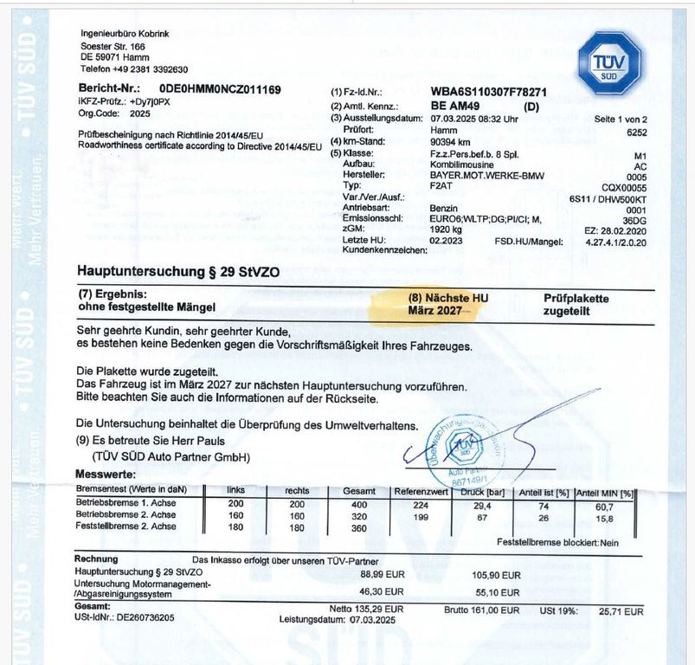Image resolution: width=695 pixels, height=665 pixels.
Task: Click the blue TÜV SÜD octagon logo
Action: tap(609, 61)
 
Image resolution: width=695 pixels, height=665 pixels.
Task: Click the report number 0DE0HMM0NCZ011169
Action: tap(220, 90)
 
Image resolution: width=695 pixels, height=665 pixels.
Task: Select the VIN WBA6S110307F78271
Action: tap(487, 91)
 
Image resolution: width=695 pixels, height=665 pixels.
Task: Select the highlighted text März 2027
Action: tap(434, 310)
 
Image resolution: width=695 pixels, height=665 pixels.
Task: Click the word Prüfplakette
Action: tap(576, 298)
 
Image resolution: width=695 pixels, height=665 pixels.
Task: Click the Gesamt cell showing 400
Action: tap(357, 504)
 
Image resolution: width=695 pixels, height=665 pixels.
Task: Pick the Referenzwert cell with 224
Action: tap(422, 504)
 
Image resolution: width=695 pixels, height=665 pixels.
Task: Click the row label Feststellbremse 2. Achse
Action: tap(126, 526)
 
